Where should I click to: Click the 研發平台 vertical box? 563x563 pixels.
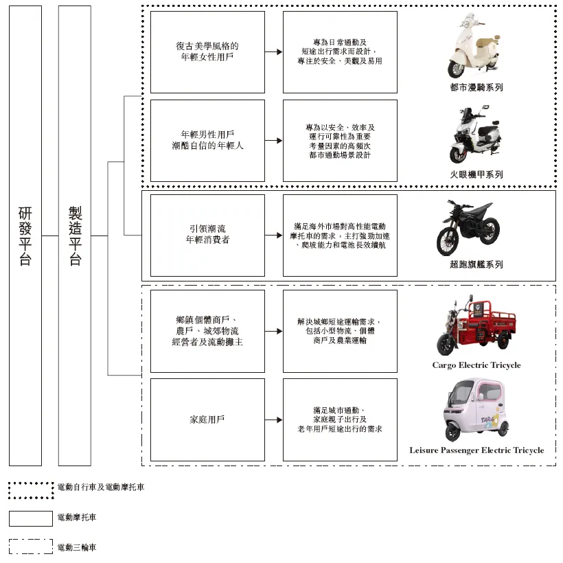click(25, 235)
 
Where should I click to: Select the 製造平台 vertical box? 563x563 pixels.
click(75, 235)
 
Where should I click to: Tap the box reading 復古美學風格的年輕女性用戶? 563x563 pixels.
click(207, 52)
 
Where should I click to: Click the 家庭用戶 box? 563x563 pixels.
click(207, 420)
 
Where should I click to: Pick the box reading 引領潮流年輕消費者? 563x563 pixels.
click(207, 235)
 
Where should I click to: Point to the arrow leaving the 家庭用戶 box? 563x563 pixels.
click(274, 420)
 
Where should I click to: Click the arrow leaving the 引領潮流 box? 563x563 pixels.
click(274, 235)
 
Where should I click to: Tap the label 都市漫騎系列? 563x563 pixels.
click(476, 88)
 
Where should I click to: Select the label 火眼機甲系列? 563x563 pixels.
click(476, 174)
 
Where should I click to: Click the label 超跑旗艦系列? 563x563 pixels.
click(476, 264)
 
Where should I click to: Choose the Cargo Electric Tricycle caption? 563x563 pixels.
click(476, 365)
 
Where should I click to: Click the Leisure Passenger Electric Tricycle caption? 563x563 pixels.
click(476, 450)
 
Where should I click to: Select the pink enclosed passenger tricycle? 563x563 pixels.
click(475, 411)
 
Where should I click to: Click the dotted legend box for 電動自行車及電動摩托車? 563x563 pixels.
click(31, 490)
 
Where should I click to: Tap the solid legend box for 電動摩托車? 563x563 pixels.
click(31, 518)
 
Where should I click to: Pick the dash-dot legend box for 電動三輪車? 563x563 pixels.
click(31, 547)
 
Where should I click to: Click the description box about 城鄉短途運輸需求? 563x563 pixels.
click(340, 331)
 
